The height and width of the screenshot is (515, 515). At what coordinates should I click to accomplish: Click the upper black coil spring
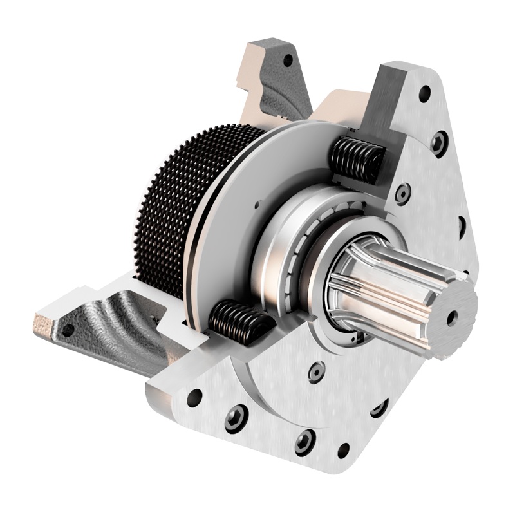coord(356,160)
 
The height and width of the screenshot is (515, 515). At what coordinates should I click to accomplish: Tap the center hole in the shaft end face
coord(453,316)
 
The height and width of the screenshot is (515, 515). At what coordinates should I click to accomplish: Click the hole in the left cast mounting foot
coord(66,330)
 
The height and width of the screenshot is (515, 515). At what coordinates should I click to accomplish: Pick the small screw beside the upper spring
coord(403,192)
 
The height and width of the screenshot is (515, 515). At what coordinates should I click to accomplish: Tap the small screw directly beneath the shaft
coord(316,371)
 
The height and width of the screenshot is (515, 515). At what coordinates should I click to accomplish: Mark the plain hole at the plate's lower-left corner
coord(194,397)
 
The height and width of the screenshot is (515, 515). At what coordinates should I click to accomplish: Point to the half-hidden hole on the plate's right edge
coord(462,226)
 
